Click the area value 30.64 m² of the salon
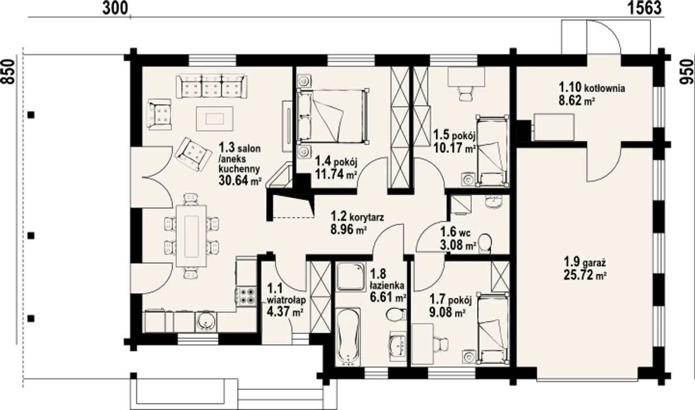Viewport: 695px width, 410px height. (240, 180)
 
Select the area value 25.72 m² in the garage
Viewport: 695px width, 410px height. (585, 275)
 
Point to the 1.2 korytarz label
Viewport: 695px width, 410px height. (357, 217)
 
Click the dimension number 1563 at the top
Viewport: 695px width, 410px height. (645, 8)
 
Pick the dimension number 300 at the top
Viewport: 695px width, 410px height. (115, 8)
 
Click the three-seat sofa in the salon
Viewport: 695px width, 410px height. (212, 86)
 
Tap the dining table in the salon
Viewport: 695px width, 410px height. (191, 236)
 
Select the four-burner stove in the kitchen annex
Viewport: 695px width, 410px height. (247, 295)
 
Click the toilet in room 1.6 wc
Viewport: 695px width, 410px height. (485, 243)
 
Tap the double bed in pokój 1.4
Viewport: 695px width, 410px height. (333, 116)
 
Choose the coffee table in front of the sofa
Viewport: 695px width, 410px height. (214, 118)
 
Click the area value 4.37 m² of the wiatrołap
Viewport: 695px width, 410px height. (285, 311)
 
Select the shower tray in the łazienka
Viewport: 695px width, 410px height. (350, 277)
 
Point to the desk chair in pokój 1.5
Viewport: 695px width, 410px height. (465, 93)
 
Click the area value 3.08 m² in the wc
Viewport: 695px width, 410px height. (458, 245)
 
